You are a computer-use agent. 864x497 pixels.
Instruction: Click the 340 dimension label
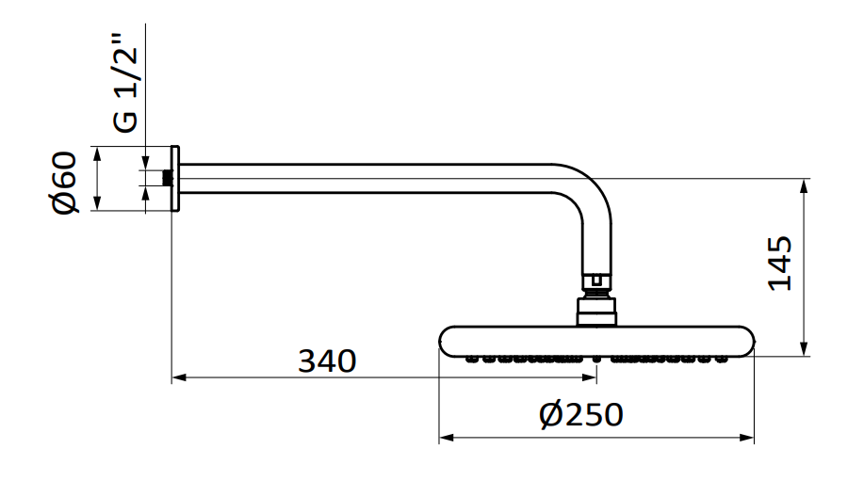[x=327, y=361]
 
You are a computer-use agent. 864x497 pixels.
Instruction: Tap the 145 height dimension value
[x=781, y=264]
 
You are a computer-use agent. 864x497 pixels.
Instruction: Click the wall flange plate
[x=174, y=179]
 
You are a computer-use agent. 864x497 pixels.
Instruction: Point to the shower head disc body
[x=595, y=340]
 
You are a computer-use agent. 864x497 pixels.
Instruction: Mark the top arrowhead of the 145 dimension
[x=804, y=184]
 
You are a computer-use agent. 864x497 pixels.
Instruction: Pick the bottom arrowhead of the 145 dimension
[x=804, y=350]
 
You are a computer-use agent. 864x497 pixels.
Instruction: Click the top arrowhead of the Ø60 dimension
[x=98, y=152]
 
